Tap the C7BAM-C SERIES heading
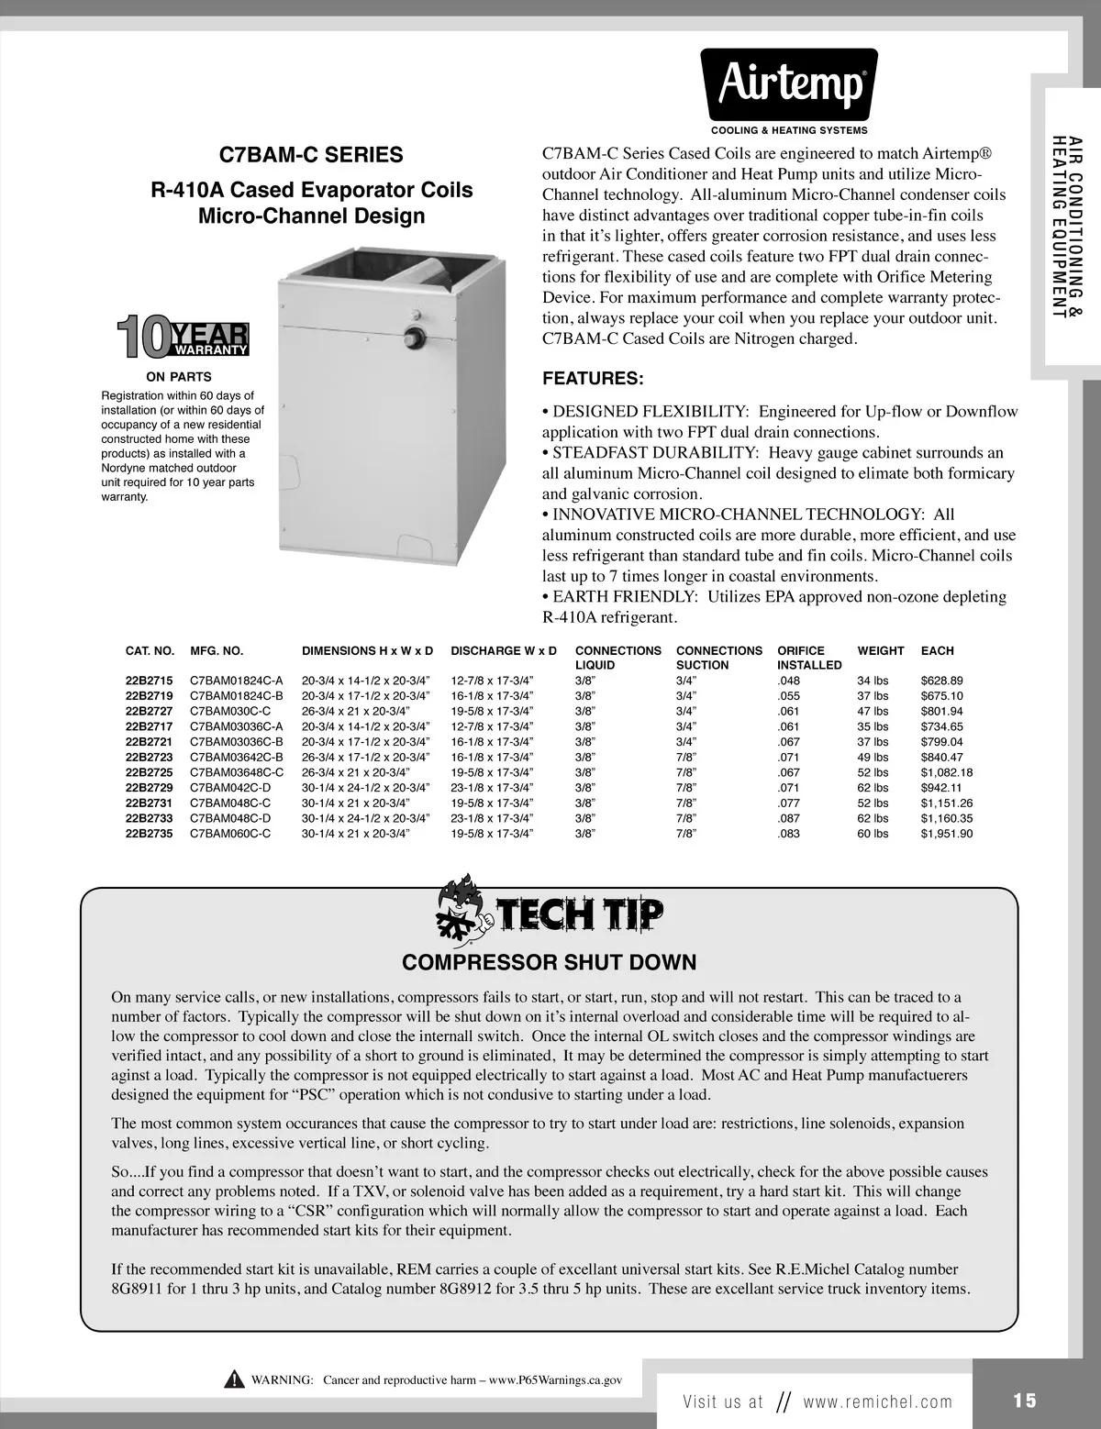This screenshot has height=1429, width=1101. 312,155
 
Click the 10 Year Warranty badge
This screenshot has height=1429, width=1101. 183,337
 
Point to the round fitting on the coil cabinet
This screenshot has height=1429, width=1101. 415,337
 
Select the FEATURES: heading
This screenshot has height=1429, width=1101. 593,379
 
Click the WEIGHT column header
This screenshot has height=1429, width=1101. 880,651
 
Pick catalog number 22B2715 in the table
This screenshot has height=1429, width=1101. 149,681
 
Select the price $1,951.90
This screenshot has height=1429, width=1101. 946,834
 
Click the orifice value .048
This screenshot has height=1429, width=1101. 788,681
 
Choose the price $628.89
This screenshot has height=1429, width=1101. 941,681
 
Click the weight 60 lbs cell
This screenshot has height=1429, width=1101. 873,834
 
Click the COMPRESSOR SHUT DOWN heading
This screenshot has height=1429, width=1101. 550,962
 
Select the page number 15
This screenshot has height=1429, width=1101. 1025,1401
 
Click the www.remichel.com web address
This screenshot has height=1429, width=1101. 877,1401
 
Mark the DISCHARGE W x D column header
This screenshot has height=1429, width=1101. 504,651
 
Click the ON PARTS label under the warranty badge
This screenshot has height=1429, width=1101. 179,377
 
